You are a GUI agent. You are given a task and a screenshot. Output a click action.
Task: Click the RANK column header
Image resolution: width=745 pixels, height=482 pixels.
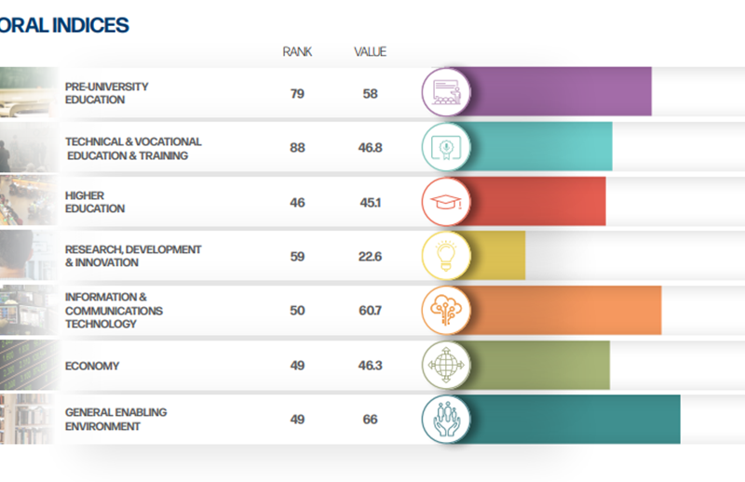click(x=297, y=52)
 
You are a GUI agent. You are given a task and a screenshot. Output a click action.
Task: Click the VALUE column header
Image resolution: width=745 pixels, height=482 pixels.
click(x=371, y=52)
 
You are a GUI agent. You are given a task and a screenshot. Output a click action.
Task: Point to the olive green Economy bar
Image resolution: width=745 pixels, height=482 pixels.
click(x=540, y=366)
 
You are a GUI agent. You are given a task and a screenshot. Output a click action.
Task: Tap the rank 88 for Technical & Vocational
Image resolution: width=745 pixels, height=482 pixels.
click(x=297, y=147)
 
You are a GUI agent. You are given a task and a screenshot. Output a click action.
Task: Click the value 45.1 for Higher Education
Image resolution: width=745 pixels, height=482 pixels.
click(x=371, y=202)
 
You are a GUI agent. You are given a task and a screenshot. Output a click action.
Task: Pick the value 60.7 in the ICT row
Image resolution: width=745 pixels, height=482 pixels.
click(x=371, y=311)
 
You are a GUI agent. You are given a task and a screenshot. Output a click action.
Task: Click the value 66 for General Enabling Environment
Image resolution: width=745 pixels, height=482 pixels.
click(x=371, y=420)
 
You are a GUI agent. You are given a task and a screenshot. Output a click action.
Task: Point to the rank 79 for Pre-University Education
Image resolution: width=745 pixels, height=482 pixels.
click(x=297, y=93)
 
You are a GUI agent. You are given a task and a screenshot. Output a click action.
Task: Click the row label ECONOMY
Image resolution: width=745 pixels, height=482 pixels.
click(x=92, y=367)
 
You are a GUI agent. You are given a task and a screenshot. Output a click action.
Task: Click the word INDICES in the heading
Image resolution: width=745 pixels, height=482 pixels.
click(x=89, y=25)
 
